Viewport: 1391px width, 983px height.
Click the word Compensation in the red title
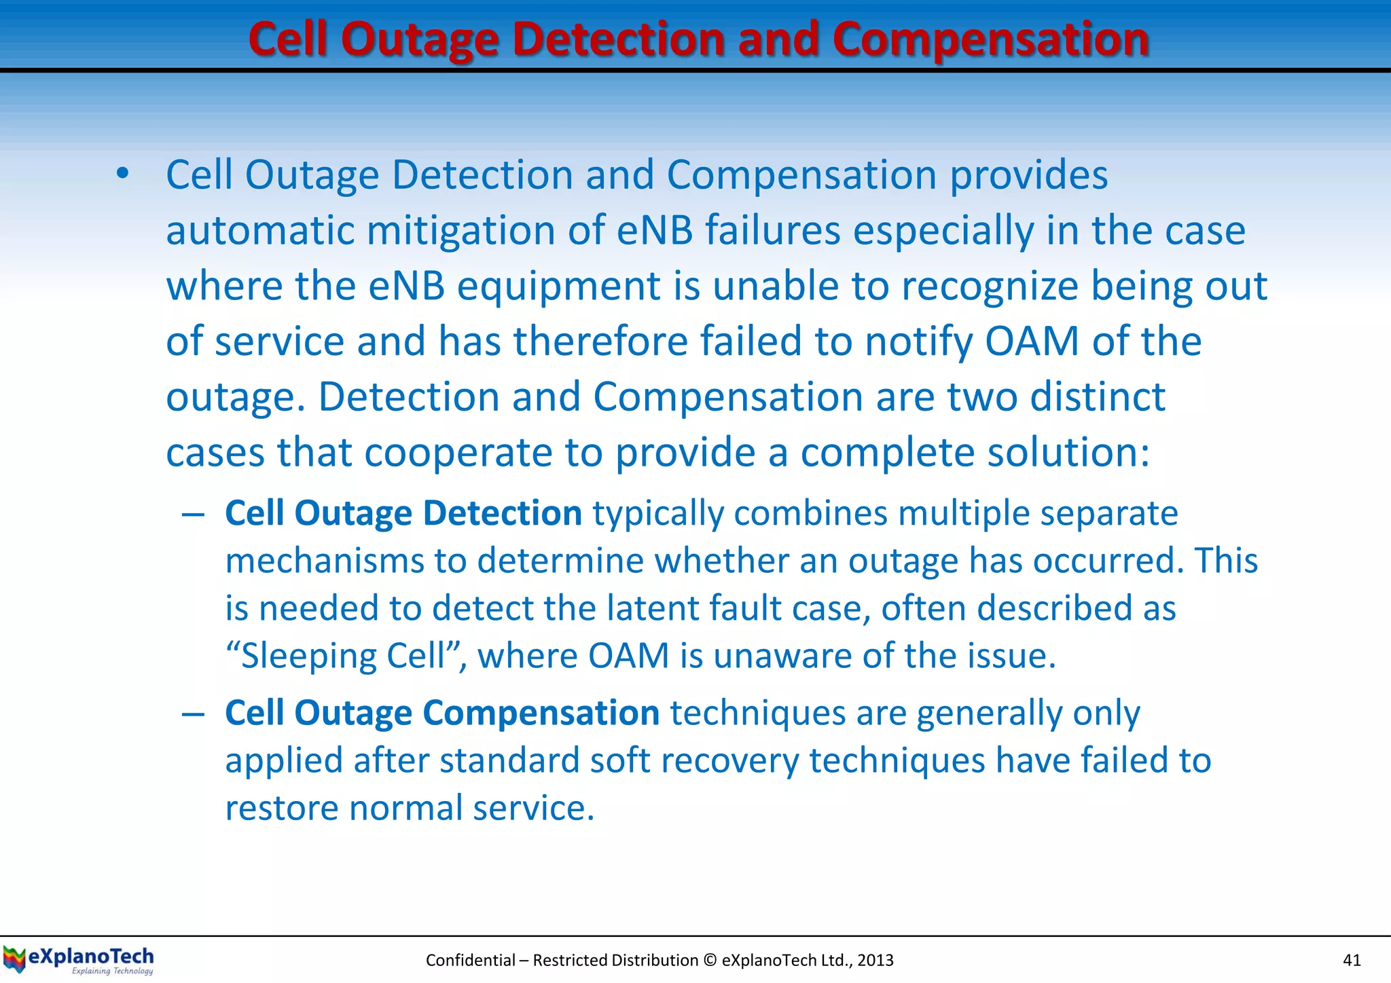click(x=990, y=39)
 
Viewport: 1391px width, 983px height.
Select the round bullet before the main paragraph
click(x=122, y=174)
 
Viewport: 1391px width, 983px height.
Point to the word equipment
click(x=558, y=286)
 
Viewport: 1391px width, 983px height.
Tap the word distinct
click(x=1098, y=396)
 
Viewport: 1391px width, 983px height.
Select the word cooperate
click(x=484, y=452)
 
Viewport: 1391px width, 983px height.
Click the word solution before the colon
click(x=1063, y=452)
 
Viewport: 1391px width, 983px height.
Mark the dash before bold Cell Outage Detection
click(x=194, y=515)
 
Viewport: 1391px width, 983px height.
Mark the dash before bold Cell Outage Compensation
click(x=194, y=714)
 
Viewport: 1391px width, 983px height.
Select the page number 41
click(x=1352, y=960)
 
